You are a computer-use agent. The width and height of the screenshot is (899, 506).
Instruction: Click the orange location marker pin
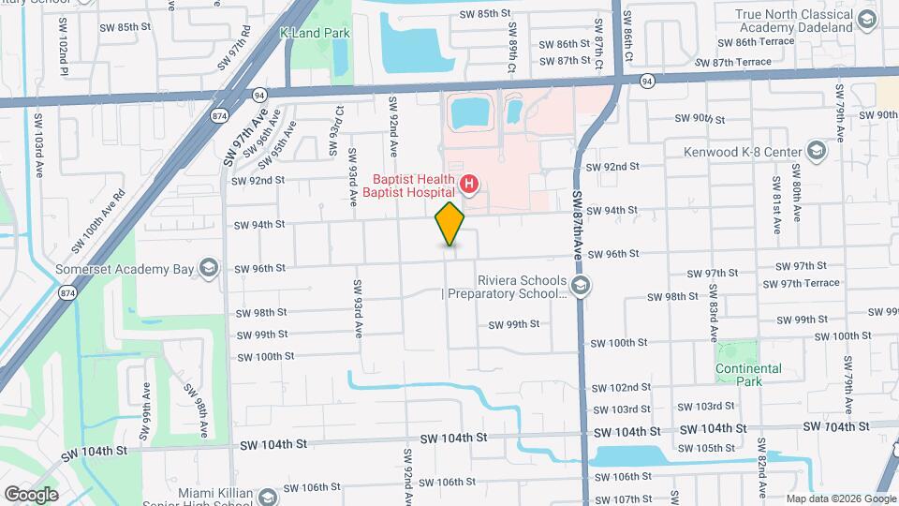tap(449, 224)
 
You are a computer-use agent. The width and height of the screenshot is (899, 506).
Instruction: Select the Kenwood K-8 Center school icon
tap(816, 151)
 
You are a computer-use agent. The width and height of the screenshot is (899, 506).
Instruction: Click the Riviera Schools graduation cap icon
tap(581, 285)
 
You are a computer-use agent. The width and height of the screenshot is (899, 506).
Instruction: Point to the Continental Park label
tap(748, 375)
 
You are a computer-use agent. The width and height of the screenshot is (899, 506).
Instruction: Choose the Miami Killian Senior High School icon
tap(268, 495)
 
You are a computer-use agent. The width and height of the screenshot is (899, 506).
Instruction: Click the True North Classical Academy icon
tap(866, 20)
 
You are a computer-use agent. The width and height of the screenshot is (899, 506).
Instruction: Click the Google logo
tap(31, 494)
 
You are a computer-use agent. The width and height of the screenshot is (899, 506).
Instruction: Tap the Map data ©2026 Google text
tap(841, 499)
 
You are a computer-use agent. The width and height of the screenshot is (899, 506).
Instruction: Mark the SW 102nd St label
tap(621, 387)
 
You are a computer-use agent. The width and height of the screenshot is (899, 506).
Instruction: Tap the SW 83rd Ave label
tap(713, 320)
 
